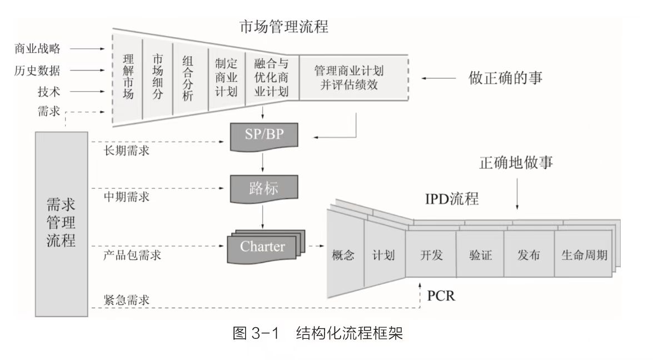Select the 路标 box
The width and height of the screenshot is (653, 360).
pyautogui.click(x=263, y=189)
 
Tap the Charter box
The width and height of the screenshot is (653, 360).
pyautogui.click(x=262, y=246)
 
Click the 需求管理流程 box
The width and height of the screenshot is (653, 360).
pyautogui.click(x=61, y=225)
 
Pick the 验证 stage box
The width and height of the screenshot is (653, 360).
pyautogui.click(x=480, y=256)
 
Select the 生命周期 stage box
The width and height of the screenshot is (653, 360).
pyautogui.click(x=584, y=256)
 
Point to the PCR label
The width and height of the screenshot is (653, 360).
pyautogui.click(x=441, y=295)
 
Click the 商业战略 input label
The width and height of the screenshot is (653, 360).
pyautogui.click(x=37, y=49)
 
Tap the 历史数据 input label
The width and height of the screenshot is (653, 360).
pyautogui.click(x=37, y=71)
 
